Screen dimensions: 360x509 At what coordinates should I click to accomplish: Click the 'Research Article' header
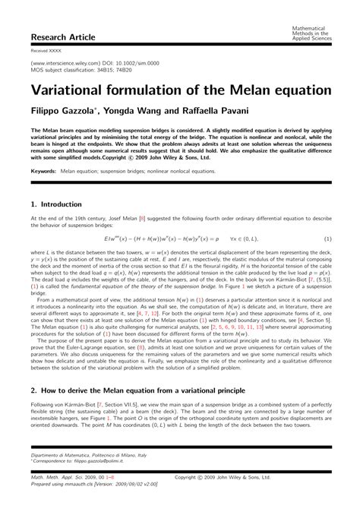pos(60,36)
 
